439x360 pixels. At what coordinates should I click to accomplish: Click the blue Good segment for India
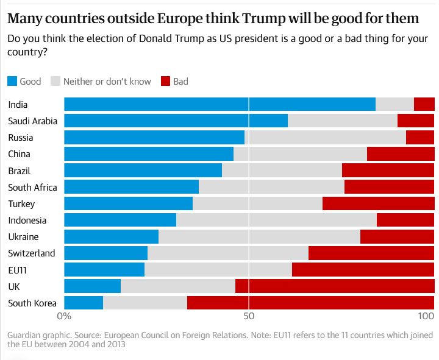pos(220,104)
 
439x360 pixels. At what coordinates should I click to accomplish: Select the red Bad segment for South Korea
pos(311,303)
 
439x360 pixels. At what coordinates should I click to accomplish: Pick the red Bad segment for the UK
pos(335,286)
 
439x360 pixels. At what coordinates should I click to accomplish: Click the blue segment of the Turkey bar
pos(128,203)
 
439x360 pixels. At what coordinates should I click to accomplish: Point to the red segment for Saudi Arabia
pos(416,121)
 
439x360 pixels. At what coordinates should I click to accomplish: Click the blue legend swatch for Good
pos(12,81)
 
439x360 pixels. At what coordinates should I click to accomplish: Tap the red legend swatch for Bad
pos(165,81)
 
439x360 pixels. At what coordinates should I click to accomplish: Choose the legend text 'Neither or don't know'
pos(107,81)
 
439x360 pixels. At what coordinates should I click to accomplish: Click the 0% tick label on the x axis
pos(64,316)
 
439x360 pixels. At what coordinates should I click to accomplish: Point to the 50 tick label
pos(248,316)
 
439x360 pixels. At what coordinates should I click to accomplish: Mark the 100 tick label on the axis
pos(426,316)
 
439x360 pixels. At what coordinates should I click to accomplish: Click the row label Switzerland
pos(32,253)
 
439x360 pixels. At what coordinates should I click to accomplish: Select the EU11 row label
pos(18,270)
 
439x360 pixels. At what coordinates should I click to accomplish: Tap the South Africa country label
pos(33,187)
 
